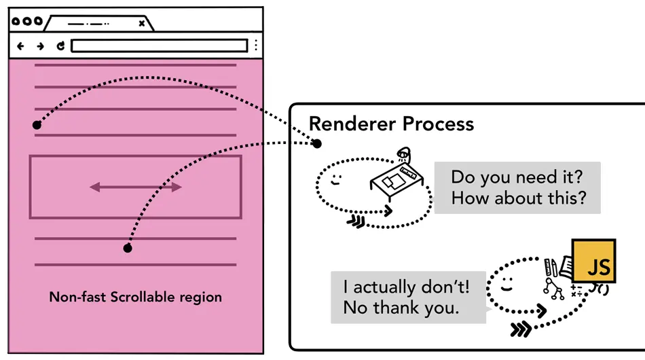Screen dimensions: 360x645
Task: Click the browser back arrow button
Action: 20,46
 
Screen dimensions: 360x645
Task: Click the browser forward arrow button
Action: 40,46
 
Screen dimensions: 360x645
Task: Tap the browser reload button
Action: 60,46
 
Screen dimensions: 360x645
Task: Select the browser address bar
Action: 159,46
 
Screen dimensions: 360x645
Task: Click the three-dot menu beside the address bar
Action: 256,46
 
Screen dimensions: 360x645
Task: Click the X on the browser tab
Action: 141,23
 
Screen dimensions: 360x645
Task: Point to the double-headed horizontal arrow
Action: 136,187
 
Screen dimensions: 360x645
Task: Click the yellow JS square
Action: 594,261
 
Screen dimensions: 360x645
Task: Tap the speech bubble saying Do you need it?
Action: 517,187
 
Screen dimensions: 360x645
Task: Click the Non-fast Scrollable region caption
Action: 135,298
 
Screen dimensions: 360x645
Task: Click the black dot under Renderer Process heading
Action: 316,143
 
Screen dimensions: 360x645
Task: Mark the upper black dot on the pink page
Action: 37,125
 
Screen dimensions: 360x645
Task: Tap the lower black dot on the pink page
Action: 127,248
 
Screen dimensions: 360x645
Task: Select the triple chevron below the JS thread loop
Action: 521,330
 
